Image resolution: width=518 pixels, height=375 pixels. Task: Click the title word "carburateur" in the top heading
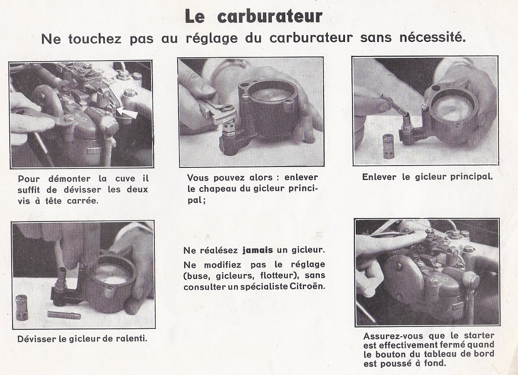click(x=270, y=16)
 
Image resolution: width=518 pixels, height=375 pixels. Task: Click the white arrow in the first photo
click(x=127, y=113)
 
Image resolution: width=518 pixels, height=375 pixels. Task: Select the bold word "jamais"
click(x=258, y=250)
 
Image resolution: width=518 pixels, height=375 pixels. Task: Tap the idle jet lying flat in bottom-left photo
click(x=64, y=315)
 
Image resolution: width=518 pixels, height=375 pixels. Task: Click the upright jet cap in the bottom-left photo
click(x=22, y=307)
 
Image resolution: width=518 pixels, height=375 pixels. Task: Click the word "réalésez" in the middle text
click(x=219, y=250)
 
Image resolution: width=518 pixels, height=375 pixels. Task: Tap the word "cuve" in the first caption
click(x=125, y=179)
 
